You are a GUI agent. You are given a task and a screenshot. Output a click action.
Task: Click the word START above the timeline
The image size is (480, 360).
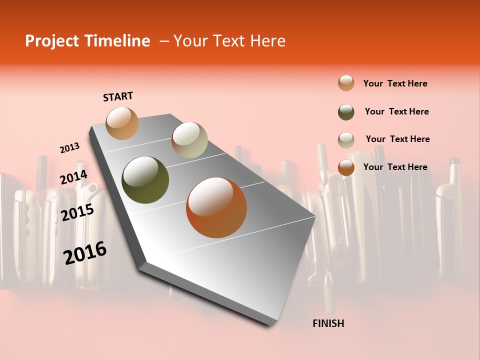click(118, 96)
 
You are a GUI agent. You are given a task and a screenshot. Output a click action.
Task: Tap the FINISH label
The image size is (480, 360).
click(328, 323)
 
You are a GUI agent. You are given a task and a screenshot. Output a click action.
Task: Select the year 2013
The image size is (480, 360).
click(69, 148)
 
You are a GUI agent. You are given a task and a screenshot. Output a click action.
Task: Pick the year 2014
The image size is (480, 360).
click(73, 177)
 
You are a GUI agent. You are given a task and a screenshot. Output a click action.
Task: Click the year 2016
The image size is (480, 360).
click(85, 253)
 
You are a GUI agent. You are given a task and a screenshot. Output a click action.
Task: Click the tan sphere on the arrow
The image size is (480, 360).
click(122, 123)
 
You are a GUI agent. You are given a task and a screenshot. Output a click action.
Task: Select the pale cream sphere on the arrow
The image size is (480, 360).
click(189, 140)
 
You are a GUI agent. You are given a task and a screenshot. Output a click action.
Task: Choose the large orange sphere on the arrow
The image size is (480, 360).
click(216, 207)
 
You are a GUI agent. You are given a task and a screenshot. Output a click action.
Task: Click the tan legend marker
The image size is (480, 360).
click(346, 83)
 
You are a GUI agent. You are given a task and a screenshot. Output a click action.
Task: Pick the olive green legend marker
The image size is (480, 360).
click(346, 111)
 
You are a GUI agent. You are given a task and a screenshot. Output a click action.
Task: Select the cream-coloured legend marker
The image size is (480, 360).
click(346, 139)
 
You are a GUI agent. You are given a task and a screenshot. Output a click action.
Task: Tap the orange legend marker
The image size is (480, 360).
click(346, 167)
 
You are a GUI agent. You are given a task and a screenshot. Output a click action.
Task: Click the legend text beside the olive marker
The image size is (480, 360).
click(396, 111)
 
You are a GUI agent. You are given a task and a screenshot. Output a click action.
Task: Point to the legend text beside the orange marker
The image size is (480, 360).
click(395, 167)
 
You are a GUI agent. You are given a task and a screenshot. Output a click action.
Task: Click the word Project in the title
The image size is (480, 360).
click(51, 41)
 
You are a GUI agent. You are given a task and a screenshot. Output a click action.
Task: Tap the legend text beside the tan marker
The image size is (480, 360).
click(395, 83)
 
